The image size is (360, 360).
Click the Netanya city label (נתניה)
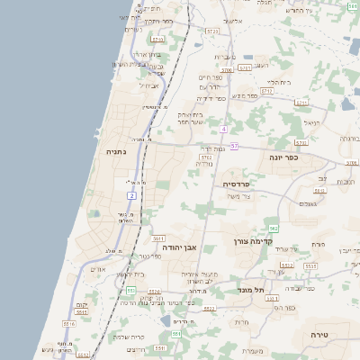(x=117, y=153)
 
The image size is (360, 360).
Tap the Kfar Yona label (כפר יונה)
(x=283, y=157)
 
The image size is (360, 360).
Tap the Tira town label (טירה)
(x=322, y=332)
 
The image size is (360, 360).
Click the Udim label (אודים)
(x=99, y=268)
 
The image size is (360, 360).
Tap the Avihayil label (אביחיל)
(x=148, y=85)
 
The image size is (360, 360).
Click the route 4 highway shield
(x=223, y=129)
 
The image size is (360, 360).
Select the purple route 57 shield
(x=234, y=146)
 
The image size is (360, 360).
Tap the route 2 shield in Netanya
(x=132, y=194)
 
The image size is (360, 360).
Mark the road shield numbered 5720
(x=211, y=31)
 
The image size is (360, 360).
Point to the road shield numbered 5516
(x=68, y=322)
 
